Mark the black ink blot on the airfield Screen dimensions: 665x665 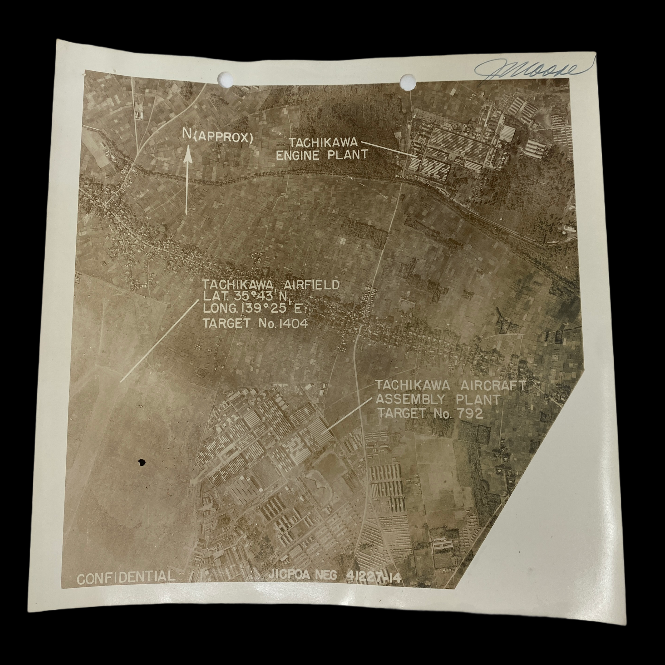coord(141,462)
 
